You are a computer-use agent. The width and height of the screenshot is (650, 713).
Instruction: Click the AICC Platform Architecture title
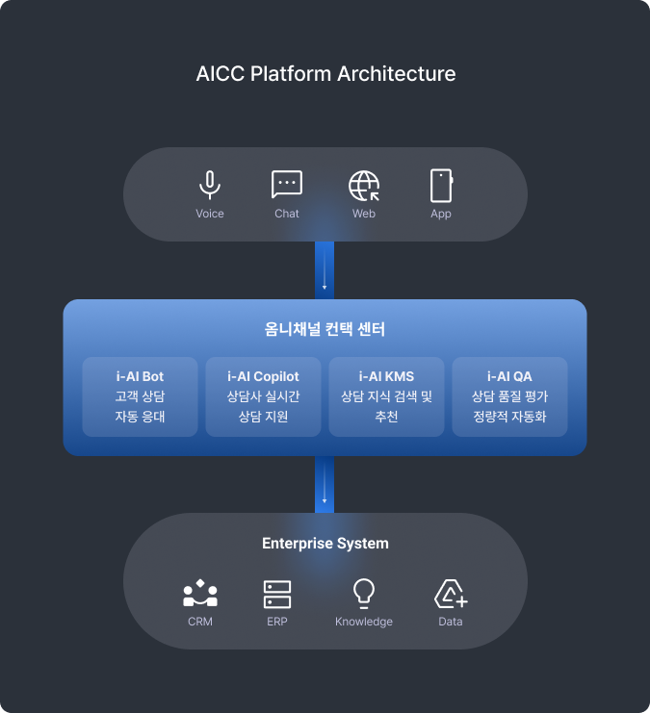(x=325, y=74)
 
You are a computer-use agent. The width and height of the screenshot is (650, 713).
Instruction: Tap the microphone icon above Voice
(x=210, y=185)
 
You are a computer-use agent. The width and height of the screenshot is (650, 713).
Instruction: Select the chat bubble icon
(x=287, y=185)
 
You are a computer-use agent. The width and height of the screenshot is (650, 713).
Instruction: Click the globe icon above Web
(x=364, y=185)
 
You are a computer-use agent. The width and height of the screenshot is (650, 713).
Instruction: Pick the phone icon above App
(x=441, y=185)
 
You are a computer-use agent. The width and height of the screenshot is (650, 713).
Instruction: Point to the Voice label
(x=210, y=214)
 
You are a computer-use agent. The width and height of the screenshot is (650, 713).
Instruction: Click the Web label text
(x=364, y=214)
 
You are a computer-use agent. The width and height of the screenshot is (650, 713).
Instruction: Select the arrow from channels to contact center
(x=325, y=269)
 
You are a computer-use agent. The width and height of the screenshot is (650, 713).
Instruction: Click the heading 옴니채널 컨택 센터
(x=325, y=329)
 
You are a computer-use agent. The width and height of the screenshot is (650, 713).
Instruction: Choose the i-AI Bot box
(x=140, y=396)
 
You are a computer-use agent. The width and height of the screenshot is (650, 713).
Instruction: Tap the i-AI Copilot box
(x=263, y=396)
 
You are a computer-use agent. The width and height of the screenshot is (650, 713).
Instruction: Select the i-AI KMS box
(x=386, y=396)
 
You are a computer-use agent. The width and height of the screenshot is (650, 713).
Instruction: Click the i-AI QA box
(x=509, y=396)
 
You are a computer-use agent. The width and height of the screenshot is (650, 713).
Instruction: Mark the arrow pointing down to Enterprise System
(x=325, y=483)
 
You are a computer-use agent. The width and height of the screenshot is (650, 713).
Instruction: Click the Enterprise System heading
(x=325, y=544)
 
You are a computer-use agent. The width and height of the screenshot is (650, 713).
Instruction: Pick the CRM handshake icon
(x=200, y=594)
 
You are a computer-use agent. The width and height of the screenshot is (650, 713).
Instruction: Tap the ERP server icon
(x=277, y=594)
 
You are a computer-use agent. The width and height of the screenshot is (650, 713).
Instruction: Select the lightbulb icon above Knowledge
(x=364, y=593)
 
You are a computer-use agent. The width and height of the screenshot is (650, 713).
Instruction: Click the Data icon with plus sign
(x=451, y=594)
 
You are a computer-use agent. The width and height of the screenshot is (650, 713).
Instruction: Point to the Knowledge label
(x=364, y=622)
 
